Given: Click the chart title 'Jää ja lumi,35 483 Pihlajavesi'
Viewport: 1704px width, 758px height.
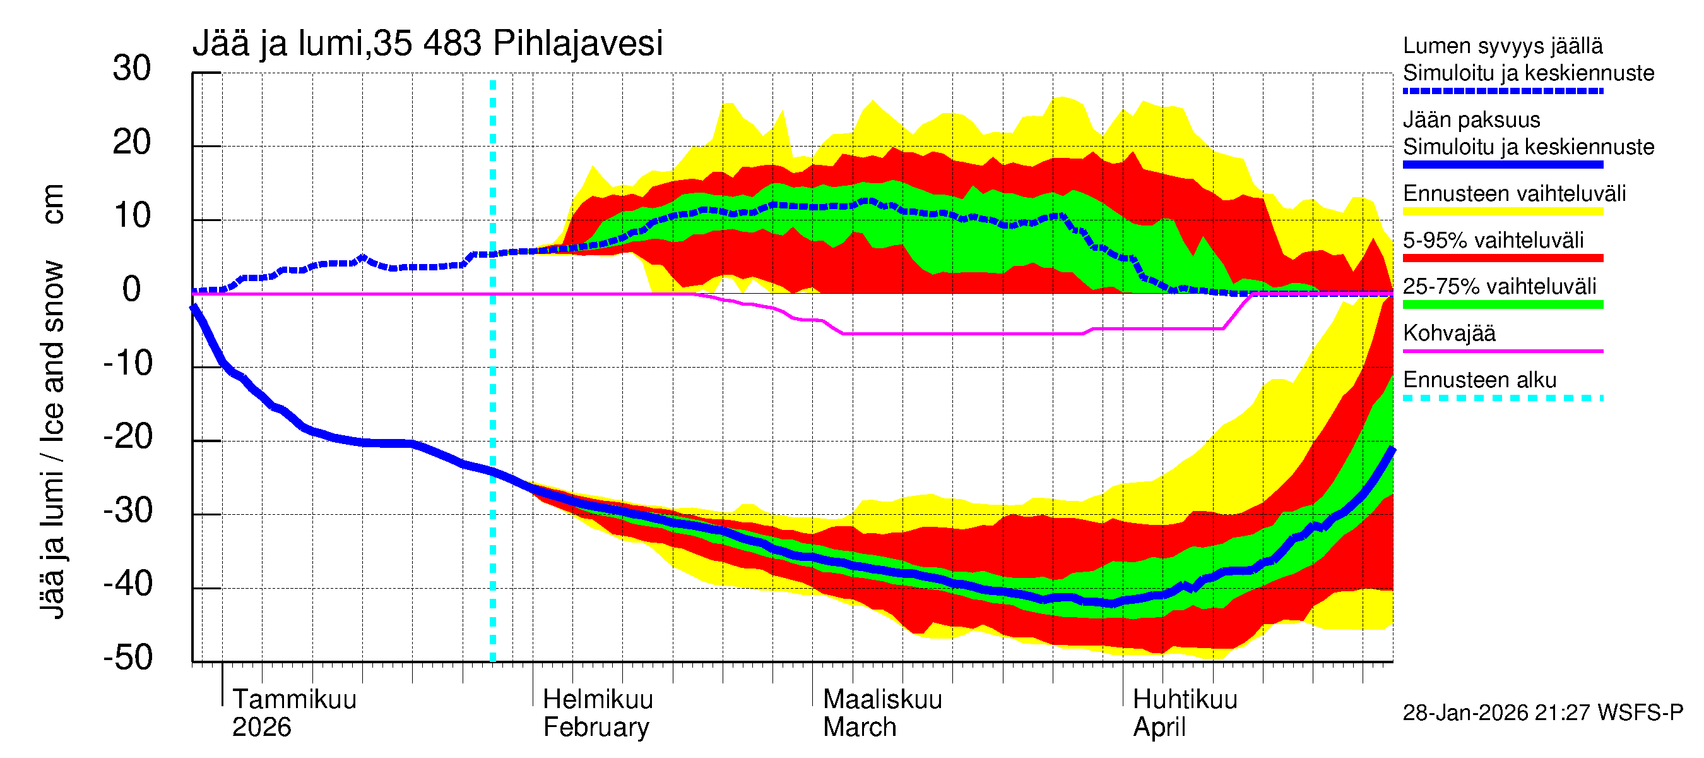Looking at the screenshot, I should [427, 44].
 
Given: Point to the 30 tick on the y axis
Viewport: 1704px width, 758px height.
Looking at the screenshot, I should [132, 69].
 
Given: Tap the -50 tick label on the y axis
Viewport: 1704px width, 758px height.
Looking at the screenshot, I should [128, 658].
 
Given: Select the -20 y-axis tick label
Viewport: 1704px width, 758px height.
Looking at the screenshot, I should [128, 437].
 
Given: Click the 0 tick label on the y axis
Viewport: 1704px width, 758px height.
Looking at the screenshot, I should [132, 290].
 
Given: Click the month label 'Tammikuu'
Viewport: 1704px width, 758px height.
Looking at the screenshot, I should [294, 699].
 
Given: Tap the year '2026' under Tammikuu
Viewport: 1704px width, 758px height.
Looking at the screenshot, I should [261, 728].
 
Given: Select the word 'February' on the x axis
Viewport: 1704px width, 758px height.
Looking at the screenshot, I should [596, 728].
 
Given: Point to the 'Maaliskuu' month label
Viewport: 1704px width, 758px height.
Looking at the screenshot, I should [882, 699].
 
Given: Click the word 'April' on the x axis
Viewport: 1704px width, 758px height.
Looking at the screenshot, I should [1159, 728].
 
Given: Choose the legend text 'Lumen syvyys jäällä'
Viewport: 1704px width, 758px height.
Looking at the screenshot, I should [1503, 46].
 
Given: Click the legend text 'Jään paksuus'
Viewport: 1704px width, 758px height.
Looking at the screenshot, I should [1472, 120].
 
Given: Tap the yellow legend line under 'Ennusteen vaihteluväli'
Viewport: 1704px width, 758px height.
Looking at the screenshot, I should [1503, 212].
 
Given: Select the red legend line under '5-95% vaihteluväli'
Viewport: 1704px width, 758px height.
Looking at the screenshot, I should [1503, 258].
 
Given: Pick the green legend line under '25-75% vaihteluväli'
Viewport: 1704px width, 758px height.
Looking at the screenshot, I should [1503, 304].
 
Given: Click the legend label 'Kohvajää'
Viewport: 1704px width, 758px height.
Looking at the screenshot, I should [1449, 333].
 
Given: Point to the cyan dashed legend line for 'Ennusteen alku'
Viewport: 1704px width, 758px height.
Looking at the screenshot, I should [1503, 398].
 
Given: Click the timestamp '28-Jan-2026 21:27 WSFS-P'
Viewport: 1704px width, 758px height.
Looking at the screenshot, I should [1542, 713].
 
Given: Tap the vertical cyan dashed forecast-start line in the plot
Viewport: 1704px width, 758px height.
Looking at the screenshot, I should [493, 397].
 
